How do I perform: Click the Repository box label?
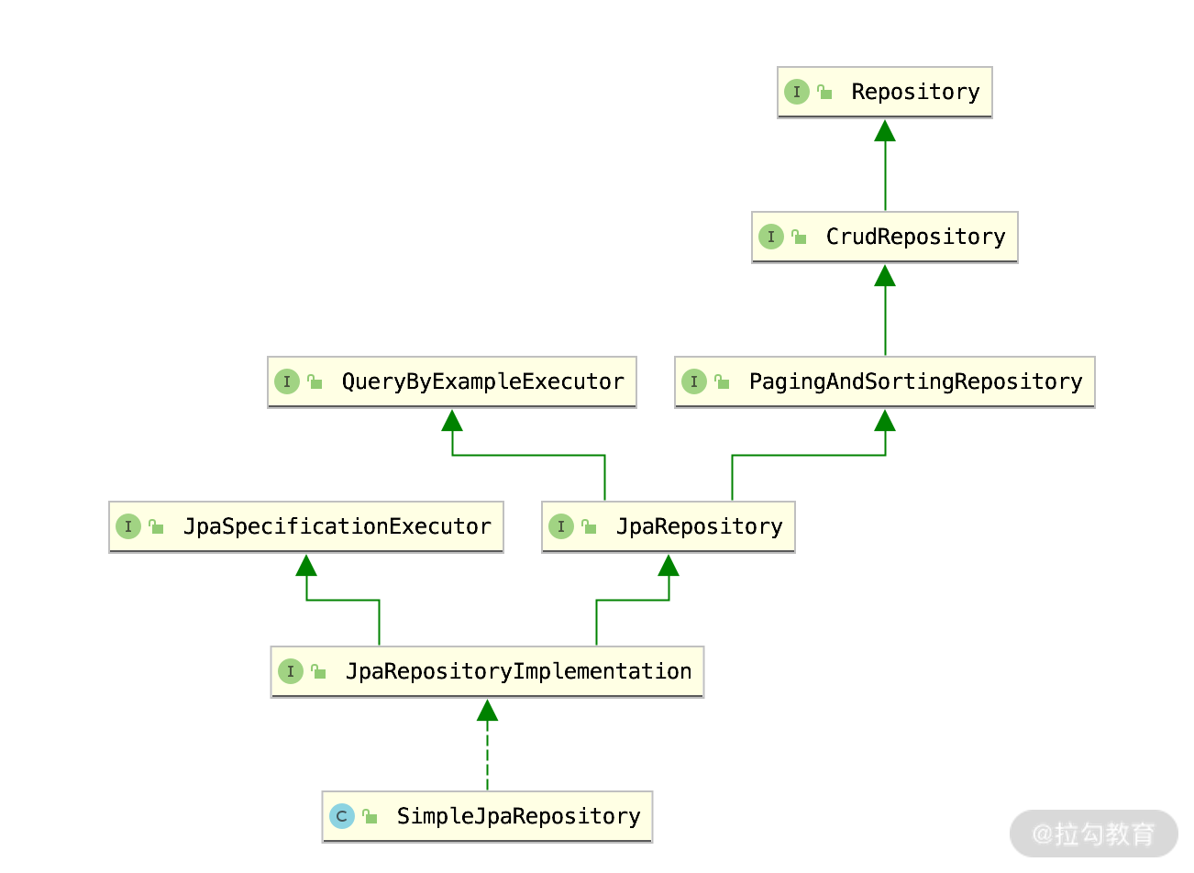pos(915,92)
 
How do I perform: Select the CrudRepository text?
pos(915,237)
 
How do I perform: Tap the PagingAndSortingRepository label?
pos(915,381)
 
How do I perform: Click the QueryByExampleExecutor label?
pos(482,381)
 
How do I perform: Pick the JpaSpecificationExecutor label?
pos(337,526)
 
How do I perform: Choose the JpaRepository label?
pos(699,526)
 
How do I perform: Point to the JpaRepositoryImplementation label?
pos(518,671)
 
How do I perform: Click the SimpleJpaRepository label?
pos(518,816)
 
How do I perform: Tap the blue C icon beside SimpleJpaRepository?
pos(342,816)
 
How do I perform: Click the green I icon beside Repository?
pos(797,92)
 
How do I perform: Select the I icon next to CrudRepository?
pos(771,237)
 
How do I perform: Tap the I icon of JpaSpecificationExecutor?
pos(128,526)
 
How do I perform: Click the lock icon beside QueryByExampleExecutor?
pos(315,381)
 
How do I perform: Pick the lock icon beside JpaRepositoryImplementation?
pos(318,671)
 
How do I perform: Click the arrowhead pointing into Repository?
pos(885,131)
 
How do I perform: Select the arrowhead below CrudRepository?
pos(885,276)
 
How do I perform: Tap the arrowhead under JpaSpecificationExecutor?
pos(306,566)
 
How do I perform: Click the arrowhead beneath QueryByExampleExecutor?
pos(452,421)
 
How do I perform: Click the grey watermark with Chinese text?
pos(1093,834)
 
